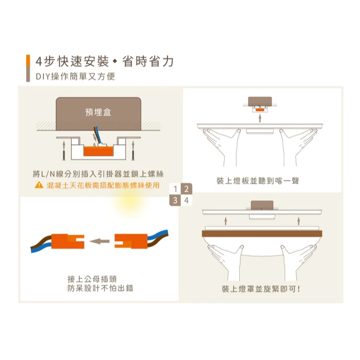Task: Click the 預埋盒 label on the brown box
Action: (98, 112)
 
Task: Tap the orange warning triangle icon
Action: (39, 185)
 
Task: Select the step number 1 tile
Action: (175, 189)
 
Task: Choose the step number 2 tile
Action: (186, 189)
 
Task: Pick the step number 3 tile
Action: (175, 200)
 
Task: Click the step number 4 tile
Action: (186, 200)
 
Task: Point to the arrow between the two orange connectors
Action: (99, 241)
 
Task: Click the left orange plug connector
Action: (68, 241)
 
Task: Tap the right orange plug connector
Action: (131, 241)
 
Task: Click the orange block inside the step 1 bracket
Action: (99, 151)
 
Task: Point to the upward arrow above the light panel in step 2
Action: (260, 118)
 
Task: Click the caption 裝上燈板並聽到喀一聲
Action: (258, 181)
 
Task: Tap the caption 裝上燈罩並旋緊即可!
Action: (261, 289)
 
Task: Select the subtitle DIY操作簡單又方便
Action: (75, 76)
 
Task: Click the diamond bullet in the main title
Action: (115, 61)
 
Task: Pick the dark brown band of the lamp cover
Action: (262, 234)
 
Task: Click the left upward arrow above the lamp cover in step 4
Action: (226, 221)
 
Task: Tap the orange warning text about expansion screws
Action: (103, 185)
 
